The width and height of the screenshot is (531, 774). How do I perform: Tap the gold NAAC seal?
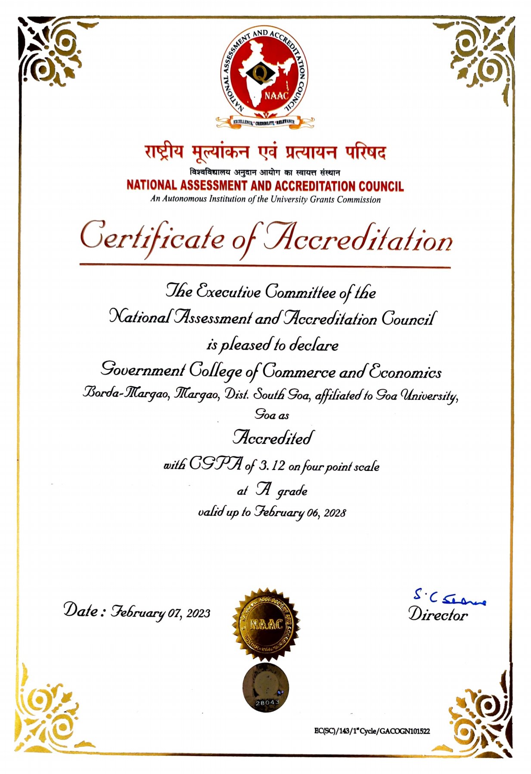[x=266, y=624]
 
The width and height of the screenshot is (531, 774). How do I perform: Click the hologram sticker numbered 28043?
[x=265, y=687]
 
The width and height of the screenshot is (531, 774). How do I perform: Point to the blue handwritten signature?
[x=448, y=598]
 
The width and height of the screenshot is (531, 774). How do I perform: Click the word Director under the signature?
[x=438, y=614]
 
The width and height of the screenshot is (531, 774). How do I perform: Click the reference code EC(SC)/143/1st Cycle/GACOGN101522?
[x=372, y=731]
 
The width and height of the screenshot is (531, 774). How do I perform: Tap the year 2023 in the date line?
[x=198, y=613]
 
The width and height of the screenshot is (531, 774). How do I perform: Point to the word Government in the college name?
[x=143, y=370]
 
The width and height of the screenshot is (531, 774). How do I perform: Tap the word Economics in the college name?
[x=405, y=371]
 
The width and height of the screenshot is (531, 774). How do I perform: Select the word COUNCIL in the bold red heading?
[x=381, y=186]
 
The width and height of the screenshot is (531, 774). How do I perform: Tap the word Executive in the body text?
[x=228, y=292]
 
